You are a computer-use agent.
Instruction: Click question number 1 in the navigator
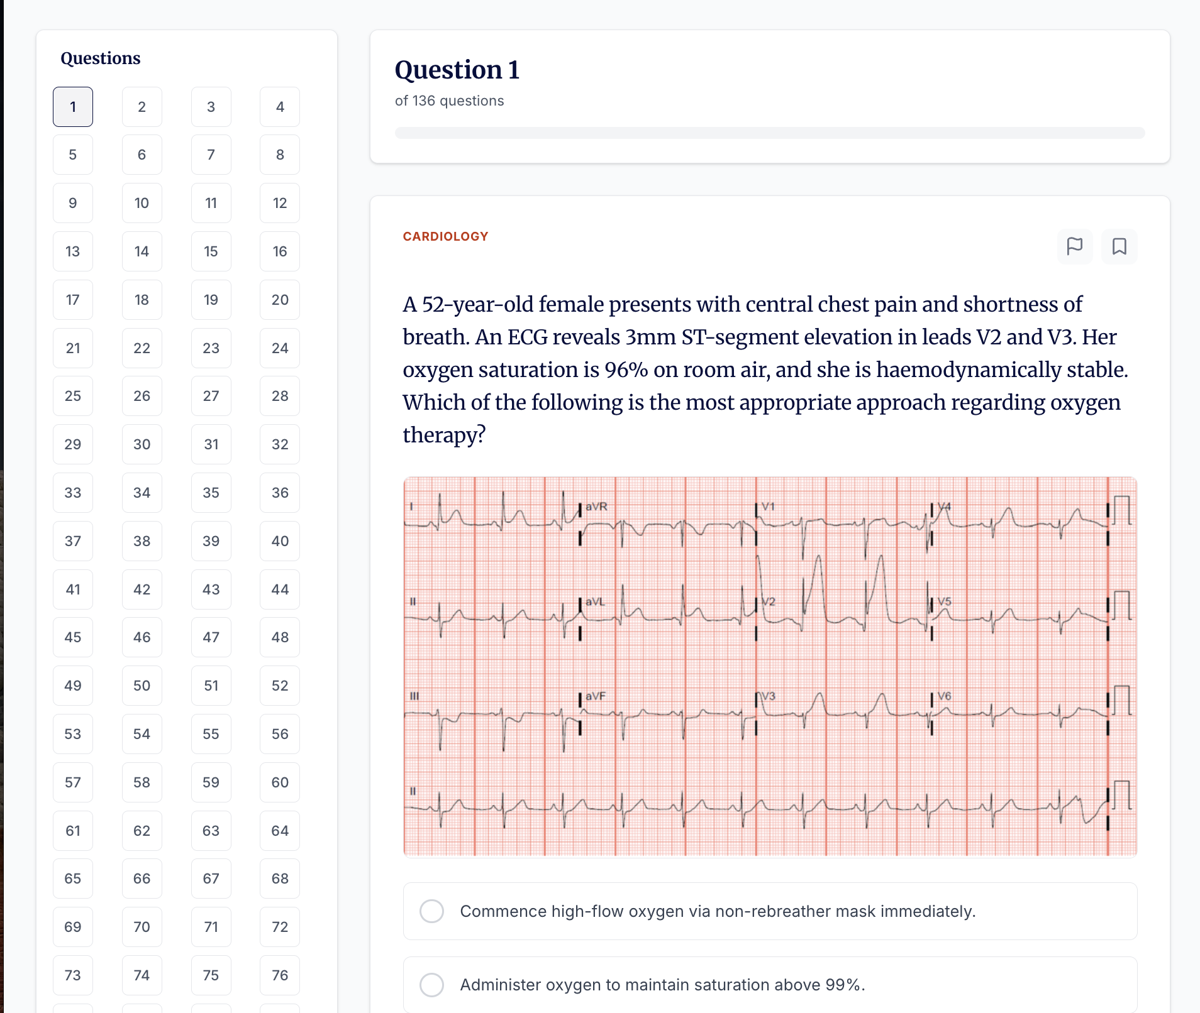73,107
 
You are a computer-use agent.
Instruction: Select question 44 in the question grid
280,589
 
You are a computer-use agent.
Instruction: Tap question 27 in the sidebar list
211,396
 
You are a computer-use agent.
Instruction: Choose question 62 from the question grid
142,831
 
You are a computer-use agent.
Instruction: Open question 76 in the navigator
280,975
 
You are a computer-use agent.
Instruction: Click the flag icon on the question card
1075,246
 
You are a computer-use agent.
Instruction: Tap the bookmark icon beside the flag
1119,246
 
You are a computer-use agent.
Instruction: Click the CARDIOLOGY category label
445,237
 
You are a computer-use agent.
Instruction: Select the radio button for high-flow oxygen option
432,911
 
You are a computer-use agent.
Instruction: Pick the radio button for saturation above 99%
432,985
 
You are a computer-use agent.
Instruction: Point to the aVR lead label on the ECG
596,506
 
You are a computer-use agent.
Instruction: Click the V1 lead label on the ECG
768,506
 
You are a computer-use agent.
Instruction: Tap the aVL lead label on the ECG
595,601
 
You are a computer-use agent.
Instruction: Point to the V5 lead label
944,601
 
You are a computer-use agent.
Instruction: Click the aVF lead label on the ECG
595,696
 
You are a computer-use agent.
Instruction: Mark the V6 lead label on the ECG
944,696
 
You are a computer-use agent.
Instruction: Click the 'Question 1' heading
457,70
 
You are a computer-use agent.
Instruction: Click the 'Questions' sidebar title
101,58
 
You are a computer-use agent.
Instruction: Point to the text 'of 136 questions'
449,101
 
